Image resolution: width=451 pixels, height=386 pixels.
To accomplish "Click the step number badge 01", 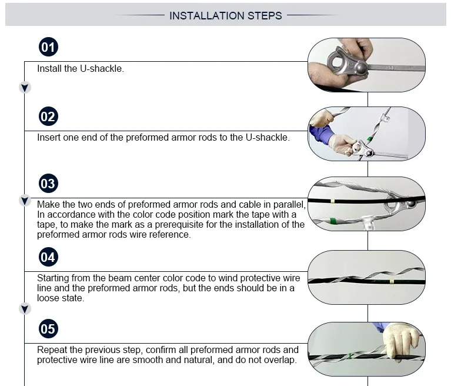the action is tap(48, 47).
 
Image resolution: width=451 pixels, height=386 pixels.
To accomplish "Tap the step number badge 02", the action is tap(48, 117).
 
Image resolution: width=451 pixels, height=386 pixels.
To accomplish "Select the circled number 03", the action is tap(48, 184).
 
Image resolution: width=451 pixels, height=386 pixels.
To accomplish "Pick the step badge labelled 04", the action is tap(48, 257).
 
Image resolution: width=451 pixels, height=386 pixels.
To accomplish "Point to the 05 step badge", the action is tap(48, 329).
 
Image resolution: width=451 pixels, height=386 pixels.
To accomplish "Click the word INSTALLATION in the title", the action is tap(207, 15).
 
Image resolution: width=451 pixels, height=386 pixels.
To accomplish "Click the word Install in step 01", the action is tap(49, 68).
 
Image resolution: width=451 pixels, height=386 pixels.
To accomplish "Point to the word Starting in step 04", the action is tap(53, 278).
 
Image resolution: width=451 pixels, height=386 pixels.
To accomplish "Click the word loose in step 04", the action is tap(48, 298).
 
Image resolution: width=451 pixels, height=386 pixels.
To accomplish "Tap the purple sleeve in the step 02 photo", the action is tap(321, 134).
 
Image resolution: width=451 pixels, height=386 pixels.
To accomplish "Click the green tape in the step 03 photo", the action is tap(333, 221).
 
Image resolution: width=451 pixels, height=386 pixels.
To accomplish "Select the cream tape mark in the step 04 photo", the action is tap(392, 282).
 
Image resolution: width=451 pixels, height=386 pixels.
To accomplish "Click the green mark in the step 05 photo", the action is tap(350, 356).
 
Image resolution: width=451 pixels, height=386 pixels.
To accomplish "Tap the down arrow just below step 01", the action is tap(25, 88).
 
